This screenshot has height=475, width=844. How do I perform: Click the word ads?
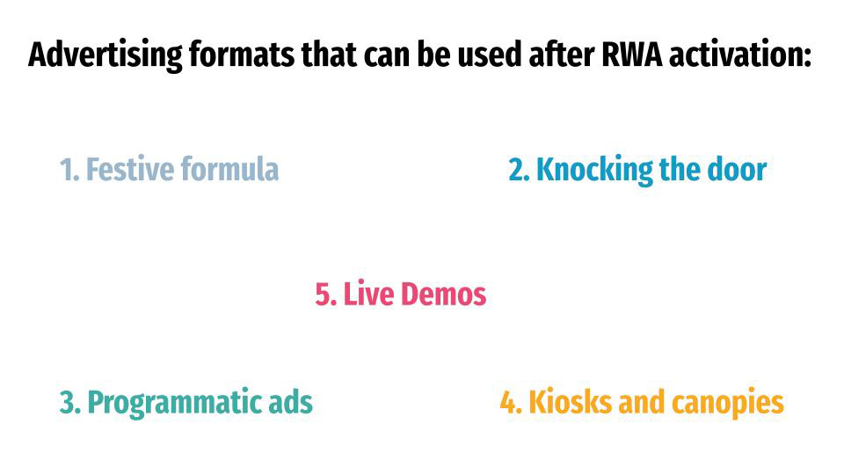coord(290,402)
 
